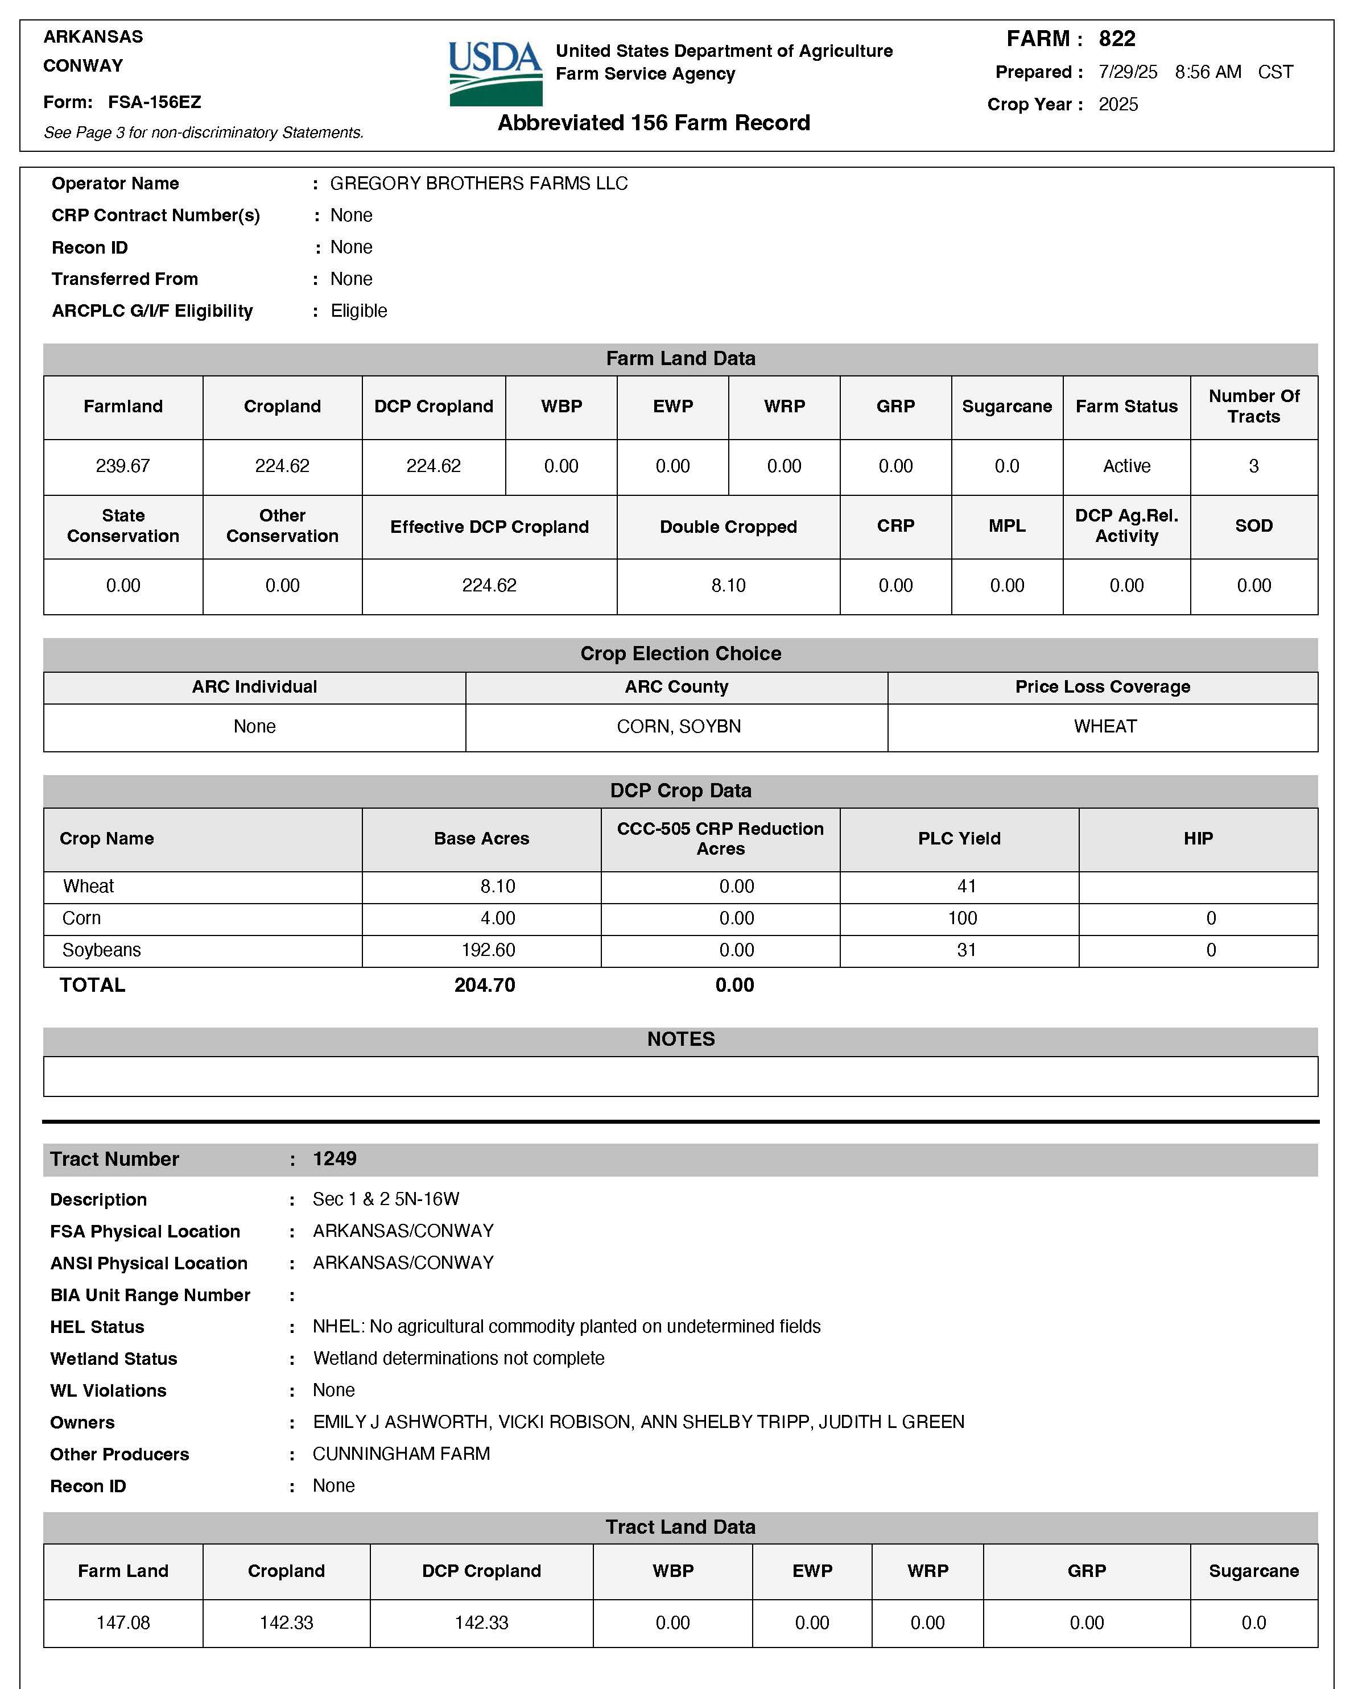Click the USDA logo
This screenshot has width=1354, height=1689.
pos(495,73)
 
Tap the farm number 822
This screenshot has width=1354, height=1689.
pos(1117,39)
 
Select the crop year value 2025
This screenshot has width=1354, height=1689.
pos(1118,104)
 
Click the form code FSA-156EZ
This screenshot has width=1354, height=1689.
pos(154,102)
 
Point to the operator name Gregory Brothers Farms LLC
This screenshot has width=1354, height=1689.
pos(479,183)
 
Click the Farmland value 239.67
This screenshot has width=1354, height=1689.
pos(123,466)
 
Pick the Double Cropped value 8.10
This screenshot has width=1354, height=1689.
pos(728,585)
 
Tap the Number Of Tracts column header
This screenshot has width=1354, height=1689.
pos(1254,406)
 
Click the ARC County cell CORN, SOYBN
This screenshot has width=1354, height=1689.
pos(679,726)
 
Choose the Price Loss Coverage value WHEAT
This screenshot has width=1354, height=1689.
pos(1105,726)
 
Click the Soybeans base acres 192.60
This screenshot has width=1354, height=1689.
pos(488,950)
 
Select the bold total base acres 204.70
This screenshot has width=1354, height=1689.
pos(485,985)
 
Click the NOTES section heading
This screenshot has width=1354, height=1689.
pos(680,1039)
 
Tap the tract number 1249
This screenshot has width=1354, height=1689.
pos(335,1158)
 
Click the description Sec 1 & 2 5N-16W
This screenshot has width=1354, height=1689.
pos(386,1199)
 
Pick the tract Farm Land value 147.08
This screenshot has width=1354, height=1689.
pos(123,1622)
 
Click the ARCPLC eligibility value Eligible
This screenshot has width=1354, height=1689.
pos(359,311)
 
